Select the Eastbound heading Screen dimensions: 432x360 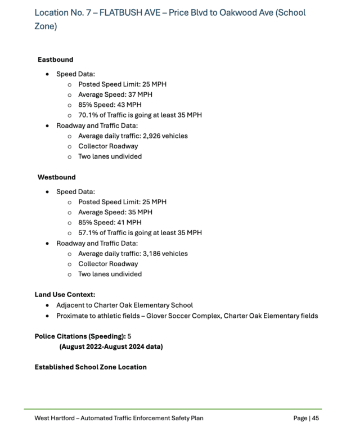coord(55,60)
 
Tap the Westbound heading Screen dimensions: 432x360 coord(56,177)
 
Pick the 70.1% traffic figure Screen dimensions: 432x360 coord(88,115)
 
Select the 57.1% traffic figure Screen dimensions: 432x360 coord(88,233)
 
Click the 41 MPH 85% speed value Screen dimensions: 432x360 coord(129,223)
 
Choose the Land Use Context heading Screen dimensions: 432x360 coord(65,294)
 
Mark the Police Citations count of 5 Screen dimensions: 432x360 coord(129,336)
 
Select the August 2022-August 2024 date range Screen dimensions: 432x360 coord(111,346)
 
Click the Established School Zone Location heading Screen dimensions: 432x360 coord(91,367)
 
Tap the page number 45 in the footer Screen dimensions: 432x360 coord(315,418)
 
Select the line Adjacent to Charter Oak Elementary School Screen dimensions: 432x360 coord(124,305)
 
